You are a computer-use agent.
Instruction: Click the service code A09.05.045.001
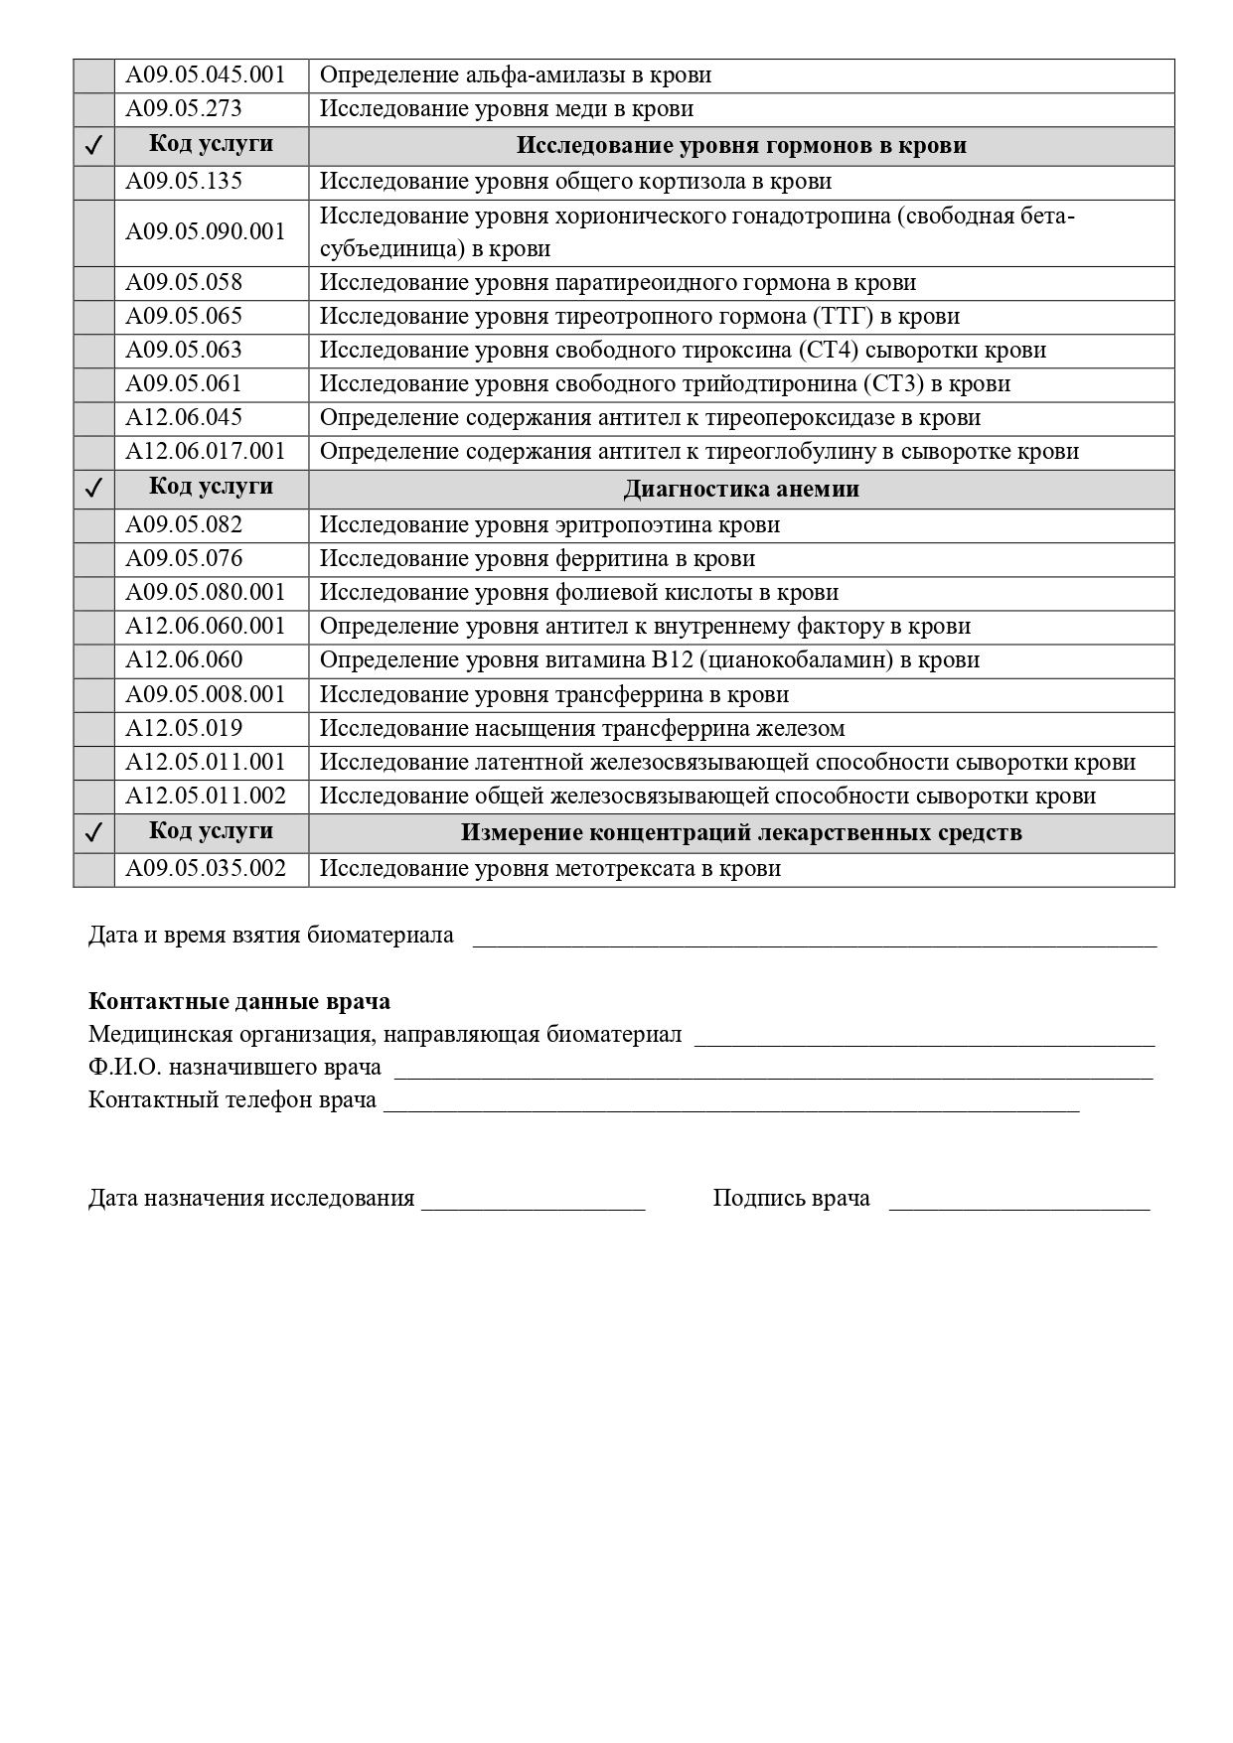pyautogui.click(x=205, y=75)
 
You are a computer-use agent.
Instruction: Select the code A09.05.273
pyautogui.click(x=183, y=109)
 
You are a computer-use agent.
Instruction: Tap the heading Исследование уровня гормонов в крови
pyautogui.click(x=741, y=146)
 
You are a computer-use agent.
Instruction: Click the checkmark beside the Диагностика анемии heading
pyautogui.click(x=94, y=489)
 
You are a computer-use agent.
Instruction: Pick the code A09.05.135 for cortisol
pyautogui.click(x=183, y=182)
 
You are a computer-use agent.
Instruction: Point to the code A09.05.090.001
pyautogui.click(x=205, y=232)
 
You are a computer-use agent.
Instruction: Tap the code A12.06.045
pyautogui.click(x=183, y=418)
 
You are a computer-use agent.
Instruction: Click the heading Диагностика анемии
pyautogui.click(x=741, y=490)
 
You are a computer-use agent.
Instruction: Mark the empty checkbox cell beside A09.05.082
pyautogui.click(x=94, y=525)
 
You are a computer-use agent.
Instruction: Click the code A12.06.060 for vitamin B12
pyautogui.click(x=183, y=660)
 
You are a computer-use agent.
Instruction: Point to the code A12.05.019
pyautogui.click(x=183, y=729)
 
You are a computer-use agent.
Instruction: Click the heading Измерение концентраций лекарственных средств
pyautogui.click(x=741, y=832)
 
